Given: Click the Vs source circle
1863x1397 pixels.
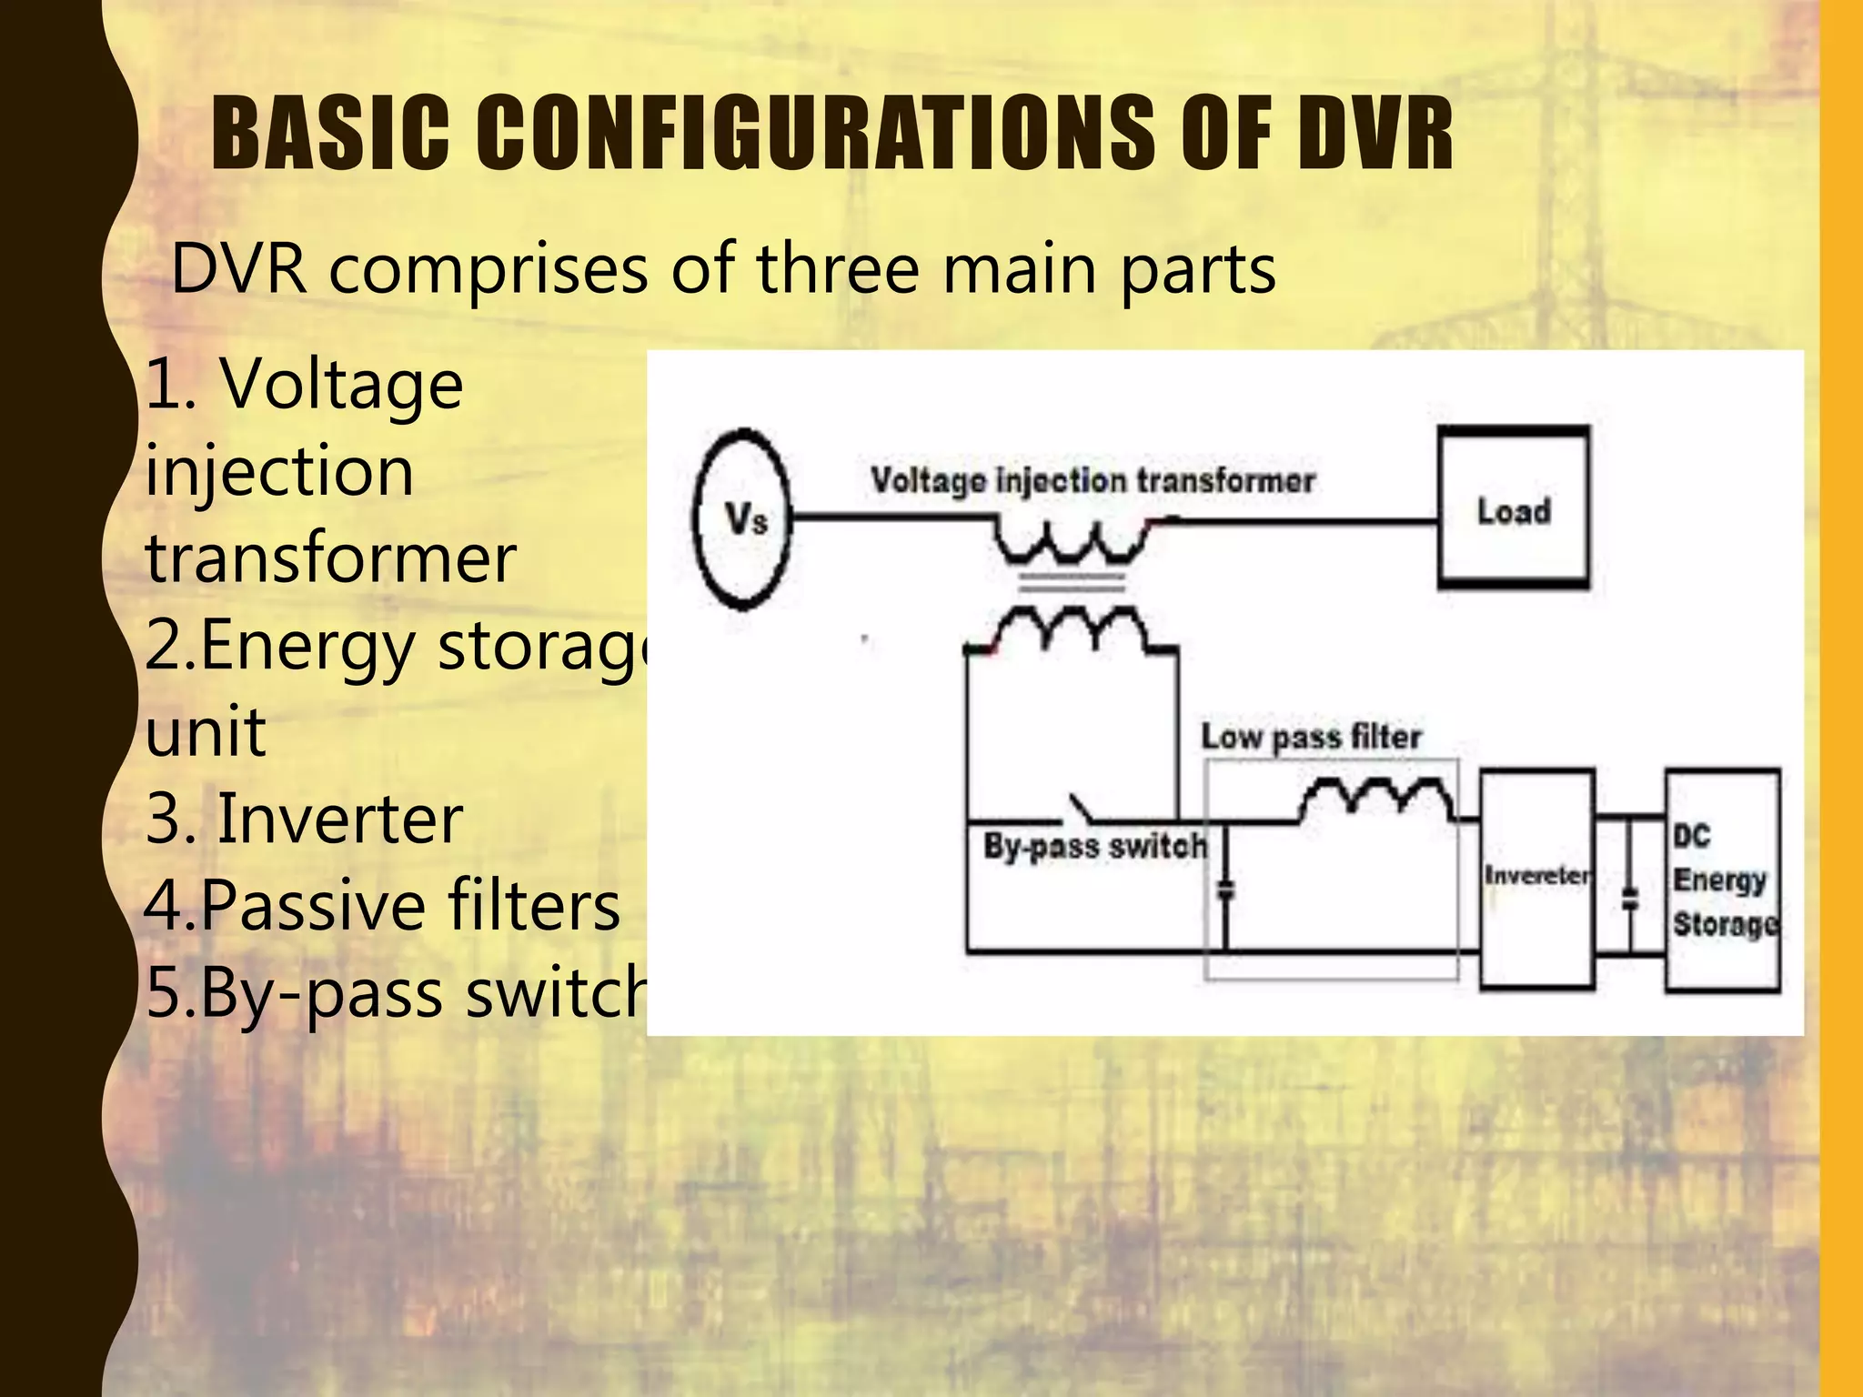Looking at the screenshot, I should (742, 518).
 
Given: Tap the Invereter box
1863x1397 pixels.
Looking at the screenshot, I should (1536, 878).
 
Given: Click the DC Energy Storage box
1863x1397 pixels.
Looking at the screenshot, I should (1723, 879).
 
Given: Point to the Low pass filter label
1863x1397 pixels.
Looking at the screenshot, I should (1311, 738).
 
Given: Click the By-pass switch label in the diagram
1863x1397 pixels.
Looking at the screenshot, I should (1095, 848).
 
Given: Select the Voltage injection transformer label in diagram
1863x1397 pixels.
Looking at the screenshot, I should (1093, 481).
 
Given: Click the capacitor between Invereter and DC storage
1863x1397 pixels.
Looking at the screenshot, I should (1630, 900).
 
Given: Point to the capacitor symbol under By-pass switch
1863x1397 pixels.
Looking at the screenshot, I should (1225, 889).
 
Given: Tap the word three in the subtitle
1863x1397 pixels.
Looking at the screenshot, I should (837, 270).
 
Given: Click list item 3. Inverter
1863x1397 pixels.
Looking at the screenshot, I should (305, 819).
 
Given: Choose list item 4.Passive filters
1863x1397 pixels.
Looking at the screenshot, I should (382, 906).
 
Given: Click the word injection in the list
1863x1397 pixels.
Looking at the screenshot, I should (280, 472).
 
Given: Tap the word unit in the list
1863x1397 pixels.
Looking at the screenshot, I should (206, 731).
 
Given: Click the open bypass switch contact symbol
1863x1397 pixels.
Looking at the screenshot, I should (1083, 809).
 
